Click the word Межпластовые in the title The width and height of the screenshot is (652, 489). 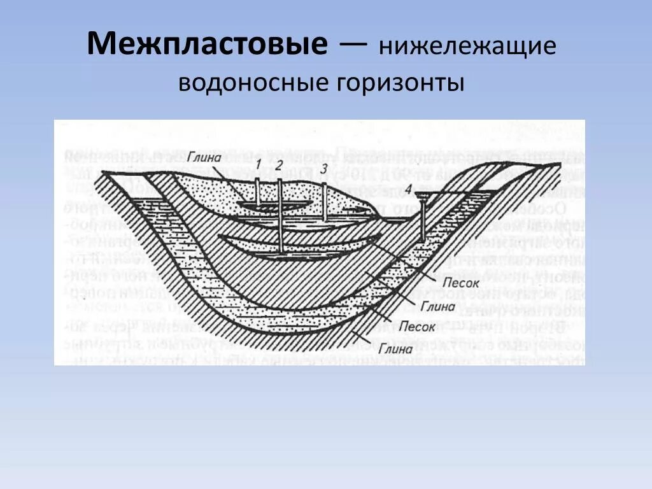(208, 45)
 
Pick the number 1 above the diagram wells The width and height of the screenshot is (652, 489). (259, 165)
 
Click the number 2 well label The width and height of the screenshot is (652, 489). (279, 165)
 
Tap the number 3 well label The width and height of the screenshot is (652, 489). (324, 169)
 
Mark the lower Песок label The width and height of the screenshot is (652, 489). (418, 327)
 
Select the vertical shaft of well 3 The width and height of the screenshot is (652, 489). (325, 202)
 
